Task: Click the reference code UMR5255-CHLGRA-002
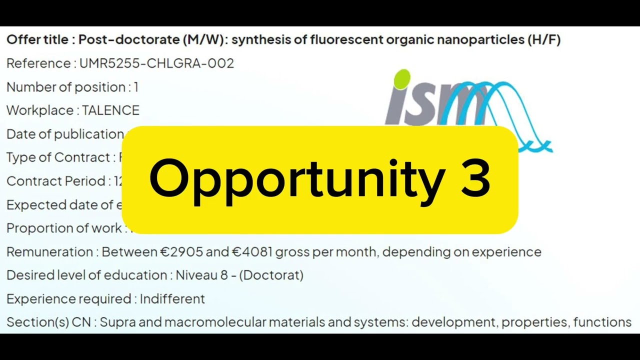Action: click(x=156, y=63)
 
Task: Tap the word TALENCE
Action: click(x=110, y=110)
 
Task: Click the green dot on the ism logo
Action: click(x=402, y=79)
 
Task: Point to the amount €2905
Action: click(x=181, y=252)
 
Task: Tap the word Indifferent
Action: click(x=172, y=299)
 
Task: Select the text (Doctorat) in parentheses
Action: click(x=271, y=275)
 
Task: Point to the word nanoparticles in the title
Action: click(x=480, y=40)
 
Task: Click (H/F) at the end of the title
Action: click(x=544, y=40)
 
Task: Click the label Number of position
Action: click(x=66, y=87)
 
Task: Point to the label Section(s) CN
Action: click(x=48, y=322)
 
